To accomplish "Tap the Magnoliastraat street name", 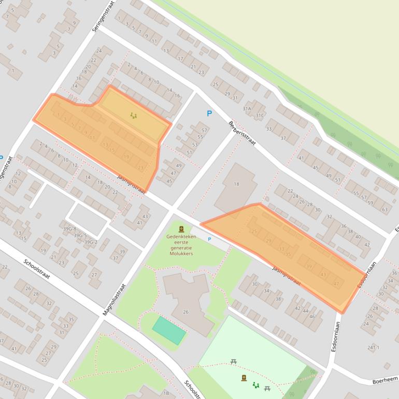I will (115, 300).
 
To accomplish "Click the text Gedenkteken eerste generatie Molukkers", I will (180, 245).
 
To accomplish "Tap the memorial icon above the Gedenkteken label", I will (181, 229).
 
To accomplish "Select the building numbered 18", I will (236, 184).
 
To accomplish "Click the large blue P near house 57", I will (209, 113).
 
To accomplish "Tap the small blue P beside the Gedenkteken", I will (209, 239).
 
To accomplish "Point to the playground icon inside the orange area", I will (134, 116).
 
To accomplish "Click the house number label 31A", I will (247, 108).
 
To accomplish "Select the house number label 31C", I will (260, 115).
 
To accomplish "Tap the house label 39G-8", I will (69, 229).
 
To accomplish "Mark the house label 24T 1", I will (374, 347).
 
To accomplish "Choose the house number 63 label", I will (384, 209).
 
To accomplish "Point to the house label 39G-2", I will (91, 242).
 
